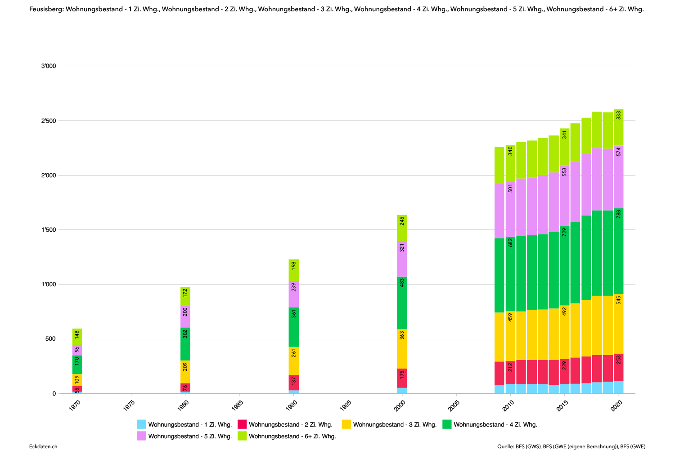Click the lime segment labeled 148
coord(77,336)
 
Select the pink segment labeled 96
coord(77,350)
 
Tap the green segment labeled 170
coord(77,364)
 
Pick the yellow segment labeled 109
coord(77,380)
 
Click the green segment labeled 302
coord(185,344)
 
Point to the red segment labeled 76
coord(185,387)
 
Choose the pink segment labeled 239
coord(294,294)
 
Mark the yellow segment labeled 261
coord(294,361)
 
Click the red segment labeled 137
coord(294,382)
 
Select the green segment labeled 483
coord(402,303)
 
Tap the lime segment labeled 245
coord(402,228)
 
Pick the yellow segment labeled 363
coord(402,349)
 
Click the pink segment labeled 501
coord(510,209)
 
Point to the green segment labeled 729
coord(564,265)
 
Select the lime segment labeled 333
coord(619,127)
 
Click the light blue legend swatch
coord(141,424)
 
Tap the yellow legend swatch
coord(346,424)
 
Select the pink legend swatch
coord(141,436)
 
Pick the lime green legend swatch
coord(242,436)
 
